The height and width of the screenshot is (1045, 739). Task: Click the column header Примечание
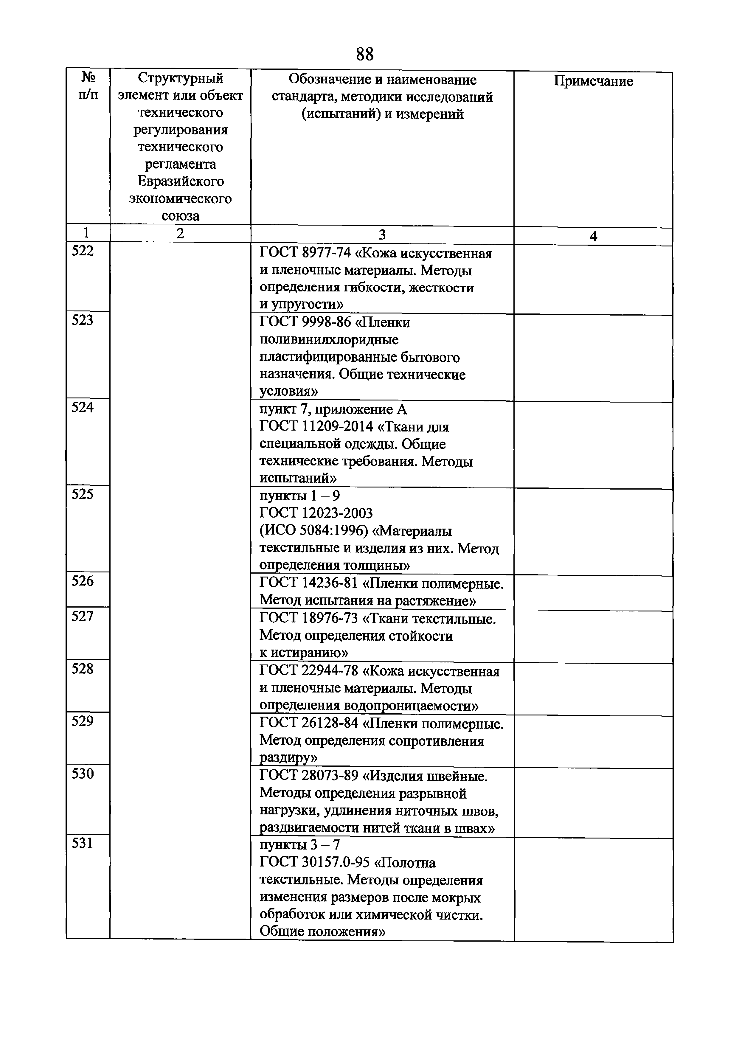pos(593,81)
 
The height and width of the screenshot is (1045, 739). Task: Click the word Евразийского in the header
pos(180,181)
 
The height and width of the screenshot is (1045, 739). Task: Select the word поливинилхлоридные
pos(329,339)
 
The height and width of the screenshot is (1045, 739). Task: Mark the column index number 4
pos(593,237)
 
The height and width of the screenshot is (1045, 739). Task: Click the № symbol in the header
pos(88,77)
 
